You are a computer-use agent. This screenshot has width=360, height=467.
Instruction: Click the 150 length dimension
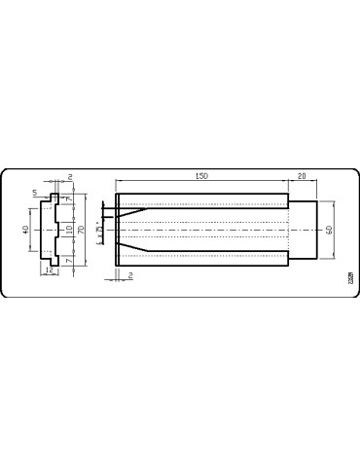click(201, 175)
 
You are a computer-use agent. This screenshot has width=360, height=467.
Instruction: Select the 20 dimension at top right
click(302, 175)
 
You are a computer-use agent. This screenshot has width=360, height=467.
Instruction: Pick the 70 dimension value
click(83, 231)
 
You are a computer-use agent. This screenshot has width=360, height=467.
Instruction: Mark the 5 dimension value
click(35, 194)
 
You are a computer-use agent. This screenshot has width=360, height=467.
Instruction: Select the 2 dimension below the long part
click(130, 275)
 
